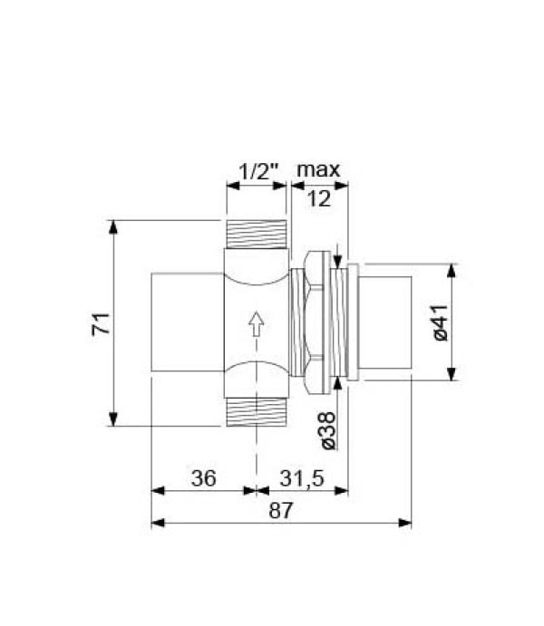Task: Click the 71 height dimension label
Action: tap(103, 323)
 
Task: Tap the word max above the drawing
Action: tap(318, 169)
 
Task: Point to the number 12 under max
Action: tap(318, 200)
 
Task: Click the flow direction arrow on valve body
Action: tap(256, 323)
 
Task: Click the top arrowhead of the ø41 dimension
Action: tap(451, 269)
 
